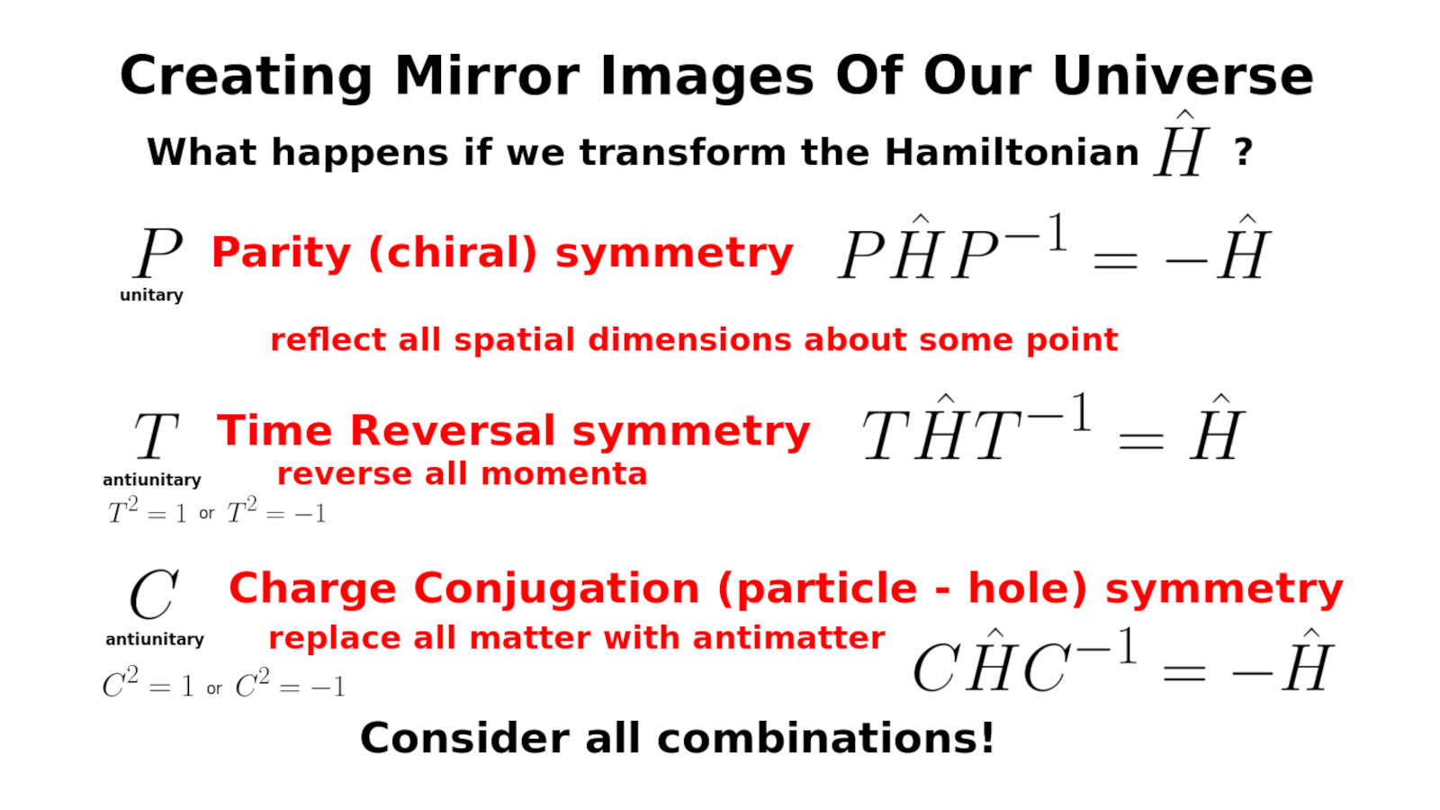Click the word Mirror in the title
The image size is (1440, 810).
(x=487, y=76)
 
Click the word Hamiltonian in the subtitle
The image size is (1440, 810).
(x=1012, y=152)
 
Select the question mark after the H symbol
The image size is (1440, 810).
(x=1243, y=153)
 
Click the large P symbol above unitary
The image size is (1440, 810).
(x=158, y=252)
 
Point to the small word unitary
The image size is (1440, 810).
(x=152, y=295)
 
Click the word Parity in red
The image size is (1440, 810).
(x=282, y=253)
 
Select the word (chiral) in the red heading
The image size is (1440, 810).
(x=454, y=253)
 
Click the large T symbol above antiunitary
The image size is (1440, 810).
(x=157, y=436)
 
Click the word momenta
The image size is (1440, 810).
(x=563, y=474)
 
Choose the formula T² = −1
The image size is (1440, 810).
(x=276, y=511)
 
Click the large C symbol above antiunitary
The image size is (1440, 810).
(x=154, y=595)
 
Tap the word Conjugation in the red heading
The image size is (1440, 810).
(x=557, y=589)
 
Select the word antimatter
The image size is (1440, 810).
(x=788, y=638)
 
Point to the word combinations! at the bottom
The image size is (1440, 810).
(x=825, y=738)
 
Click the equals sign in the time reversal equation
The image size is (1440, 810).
(x=1141, y=441)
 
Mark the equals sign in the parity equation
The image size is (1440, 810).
(x=1116, y=260)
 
